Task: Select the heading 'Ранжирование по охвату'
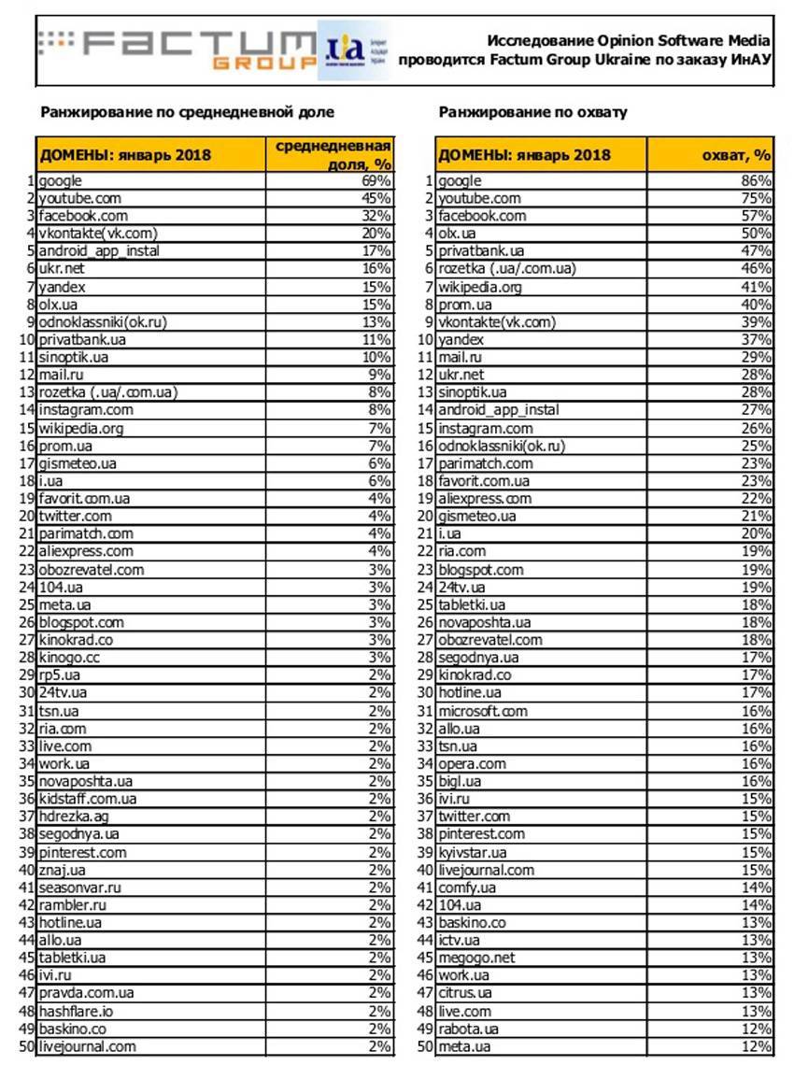[x=532, y=112]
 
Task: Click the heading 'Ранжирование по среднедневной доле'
[x=187, y=112]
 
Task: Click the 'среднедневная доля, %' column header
[x=331, y=155]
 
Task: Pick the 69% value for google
[x=377, y=181]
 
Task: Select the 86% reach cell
[x=757, y=181]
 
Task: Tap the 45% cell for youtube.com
[x=377, y=198]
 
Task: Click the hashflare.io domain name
[x=77, y=1011]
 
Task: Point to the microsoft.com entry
[x=483, y=711]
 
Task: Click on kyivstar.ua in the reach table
[x=473, y=852]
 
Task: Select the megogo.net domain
[x=476, y=958]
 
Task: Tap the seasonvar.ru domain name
[x=80, y=887]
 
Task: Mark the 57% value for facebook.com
[x=757, y=216]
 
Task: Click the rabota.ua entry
[x=469, y=1029]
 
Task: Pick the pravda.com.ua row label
[x=87, y=993]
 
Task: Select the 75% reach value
[x=757, y=198]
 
